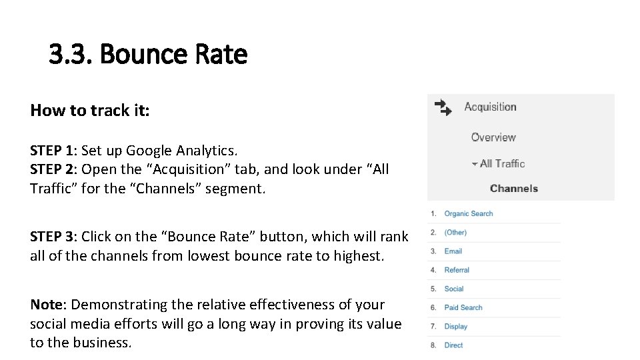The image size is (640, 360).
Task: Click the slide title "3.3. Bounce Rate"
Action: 148,55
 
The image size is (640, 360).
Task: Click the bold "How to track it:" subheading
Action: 90,110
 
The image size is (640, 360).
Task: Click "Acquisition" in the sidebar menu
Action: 490,107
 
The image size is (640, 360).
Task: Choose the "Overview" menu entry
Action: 493,137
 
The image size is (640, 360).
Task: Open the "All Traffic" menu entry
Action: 502,163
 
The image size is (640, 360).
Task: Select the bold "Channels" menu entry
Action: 513,189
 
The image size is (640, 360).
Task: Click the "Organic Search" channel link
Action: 469,213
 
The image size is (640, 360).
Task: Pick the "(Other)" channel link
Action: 455,233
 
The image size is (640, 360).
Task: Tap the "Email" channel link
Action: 453,251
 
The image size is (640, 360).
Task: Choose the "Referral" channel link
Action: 457,270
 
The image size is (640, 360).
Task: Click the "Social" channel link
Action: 454,289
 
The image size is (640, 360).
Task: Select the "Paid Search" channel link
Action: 463,307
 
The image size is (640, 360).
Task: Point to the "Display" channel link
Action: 456,326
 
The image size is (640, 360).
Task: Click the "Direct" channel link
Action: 453,345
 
